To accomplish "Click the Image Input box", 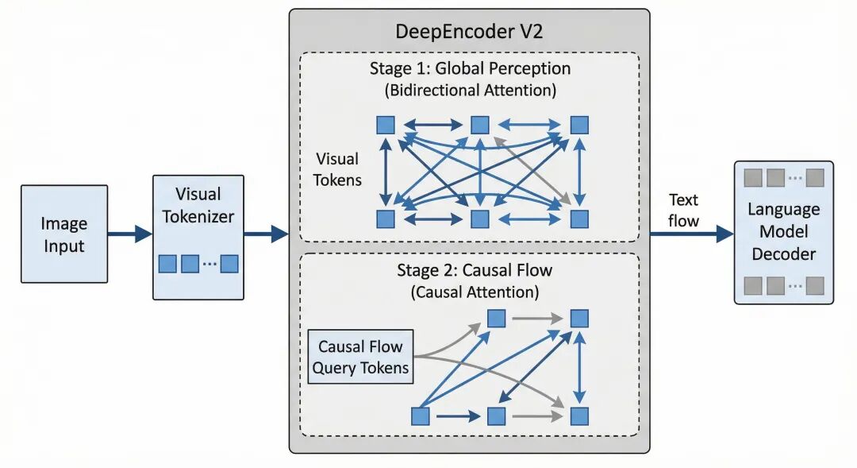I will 64,234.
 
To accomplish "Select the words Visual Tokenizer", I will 198,205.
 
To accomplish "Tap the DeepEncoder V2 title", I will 468,33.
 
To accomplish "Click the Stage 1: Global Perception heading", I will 470,68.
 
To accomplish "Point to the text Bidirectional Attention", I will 471,90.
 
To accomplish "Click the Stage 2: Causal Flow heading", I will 475,270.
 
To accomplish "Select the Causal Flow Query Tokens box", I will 360,357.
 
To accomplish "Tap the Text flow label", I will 683,210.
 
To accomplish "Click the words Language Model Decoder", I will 782,231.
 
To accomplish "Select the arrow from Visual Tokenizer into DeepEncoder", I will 266,234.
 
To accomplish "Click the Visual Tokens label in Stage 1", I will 337,169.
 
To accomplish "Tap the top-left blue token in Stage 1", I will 386,125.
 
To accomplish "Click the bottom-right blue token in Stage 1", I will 580,219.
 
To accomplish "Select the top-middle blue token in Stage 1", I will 479,125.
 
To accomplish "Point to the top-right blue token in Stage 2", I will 580,319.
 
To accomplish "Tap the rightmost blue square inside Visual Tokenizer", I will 229,264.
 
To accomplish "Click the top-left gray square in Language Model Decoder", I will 752,177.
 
